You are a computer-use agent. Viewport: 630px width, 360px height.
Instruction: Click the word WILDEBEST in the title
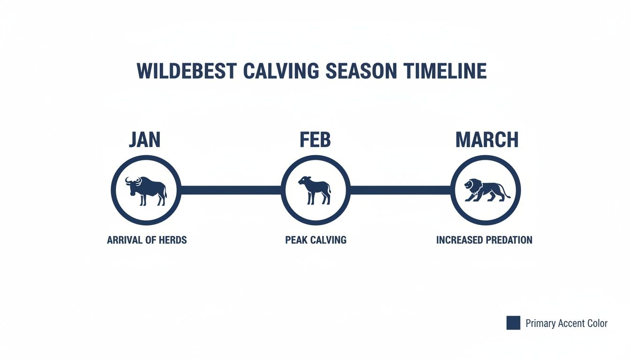[x=186, y=71]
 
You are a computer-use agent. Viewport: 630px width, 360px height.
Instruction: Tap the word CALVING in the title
[x=281, y=71]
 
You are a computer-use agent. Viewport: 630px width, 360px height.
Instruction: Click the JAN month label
[x=144, y=140]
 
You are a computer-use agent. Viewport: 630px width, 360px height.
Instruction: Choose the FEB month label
[x=315, y=140]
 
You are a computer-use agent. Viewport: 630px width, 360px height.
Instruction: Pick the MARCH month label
[x=487, y=140]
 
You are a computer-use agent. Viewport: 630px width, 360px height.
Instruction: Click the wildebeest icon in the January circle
[x=146, y=190]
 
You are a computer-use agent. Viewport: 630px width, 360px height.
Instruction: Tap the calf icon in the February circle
[x=315, y=190]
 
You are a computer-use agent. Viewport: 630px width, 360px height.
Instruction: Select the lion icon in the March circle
[x=486, y=190]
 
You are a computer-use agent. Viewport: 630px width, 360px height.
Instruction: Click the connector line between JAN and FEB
[x=231, y=190]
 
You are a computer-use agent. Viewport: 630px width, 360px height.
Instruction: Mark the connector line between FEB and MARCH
[x=401, y=190]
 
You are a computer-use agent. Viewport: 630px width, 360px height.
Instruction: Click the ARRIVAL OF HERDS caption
[x=147, y=240]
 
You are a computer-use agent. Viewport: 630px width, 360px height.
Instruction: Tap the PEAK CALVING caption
[x=315, y=240]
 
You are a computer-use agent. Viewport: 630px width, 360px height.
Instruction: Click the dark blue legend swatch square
[x=513, y=323]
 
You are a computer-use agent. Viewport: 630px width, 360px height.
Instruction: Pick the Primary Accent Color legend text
[x=566, y=323]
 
